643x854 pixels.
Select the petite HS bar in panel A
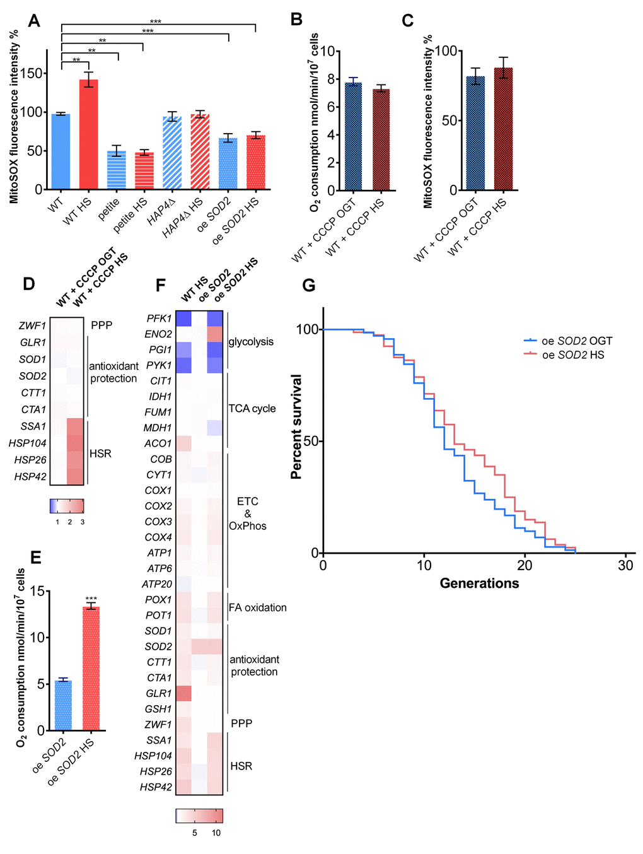(144, 170)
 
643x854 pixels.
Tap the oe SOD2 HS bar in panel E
(91, 668)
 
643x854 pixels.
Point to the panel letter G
(309, 286)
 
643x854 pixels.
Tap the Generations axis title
(479, 583)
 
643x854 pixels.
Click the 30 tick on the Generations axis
(625, 566)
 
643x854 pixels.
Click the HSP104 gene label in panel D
(28, 443)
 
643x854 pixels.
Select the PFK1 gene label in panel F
(159, 319)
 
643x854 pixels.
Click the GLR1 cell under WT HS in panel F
(183, 693)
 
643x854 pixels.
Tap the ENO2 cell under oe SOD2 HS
(214, 334)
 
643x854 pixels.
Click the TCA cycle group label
(252, 409)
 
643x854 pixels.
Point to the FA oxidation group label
(257, 607)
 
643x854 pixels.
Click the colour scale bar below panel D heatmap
(67, 506)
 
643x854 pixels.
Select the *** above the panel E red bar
(91, 599)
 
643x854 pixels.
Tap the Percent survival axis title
(296, 427)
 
